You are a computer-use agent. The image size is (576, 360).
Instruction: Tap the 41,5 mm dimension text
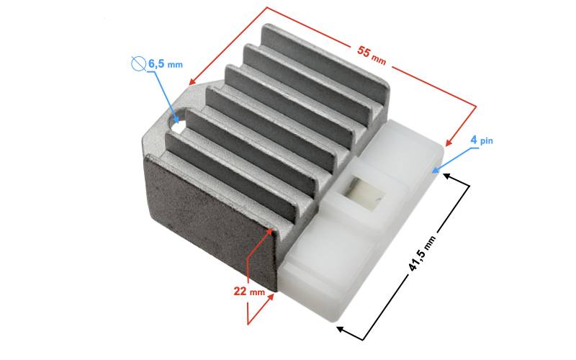tap(422, 254)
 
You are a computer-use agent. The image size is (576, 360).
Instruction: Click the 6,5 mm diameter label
tap(166, 63)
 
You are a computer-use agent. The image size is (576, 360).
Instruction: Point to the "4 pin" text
tap(482, 140)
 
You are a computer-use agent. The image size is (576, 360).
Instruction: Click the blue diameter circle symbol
tap(137, 63)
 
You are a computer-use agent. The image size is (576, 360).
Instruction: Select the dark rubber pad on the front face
tap(210, 220)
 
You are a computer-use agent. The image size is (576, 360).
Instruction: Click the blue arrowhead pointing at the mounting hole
tap(176, 119)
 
